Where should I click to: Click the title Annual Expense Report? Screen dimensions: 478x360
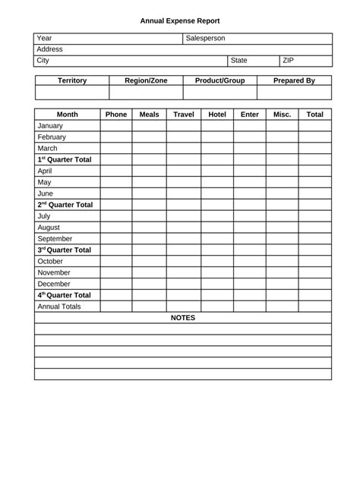tap(180, 21)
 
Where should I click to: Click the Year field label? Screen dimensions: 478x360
tap(45, 38)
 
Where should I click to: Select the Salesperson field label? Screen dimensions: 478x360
tap(205, 38)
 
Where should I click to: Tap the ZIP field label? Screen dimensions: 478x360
tap(288, 60)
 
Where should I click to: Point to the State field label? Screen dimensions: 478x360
tap(239, 60)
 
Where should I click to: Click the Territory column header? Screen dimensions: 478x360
tap(72, 80)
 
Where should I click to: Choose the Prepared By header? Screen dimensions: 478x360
tap(294, 80)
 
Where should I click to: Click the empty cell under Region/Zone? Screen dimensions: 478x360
tap(146, 93)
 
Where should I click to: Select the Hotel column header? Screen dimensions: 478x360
tap(217, 115)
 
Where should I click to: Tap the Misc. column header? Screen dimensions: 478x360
tap(282, 115)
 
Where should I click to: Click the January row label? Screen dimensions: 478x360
tap(50, 126)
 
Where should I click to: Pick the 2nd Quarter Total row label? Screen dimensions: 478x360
tap(65, 205)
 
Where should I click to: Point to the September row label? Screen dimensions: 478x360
tap(55, 238)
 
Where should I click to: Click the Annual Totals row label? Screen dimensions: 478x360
tap(59, 307)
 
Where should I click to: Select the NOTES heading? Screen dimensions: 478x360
tap(183, 318)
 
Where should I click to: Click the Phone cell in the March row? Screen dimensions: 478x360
tap(116, 149)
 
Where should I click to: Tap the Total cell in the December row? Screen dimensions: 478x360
tap(314, 284)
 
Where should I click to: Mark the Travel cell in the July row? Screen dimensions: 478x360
tap(184, 216)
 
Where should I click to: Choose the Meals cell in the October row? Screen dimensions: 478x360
tap(150, 261)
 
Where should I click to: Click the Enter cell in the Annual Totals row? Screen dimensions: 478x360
tap(249, 307)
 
